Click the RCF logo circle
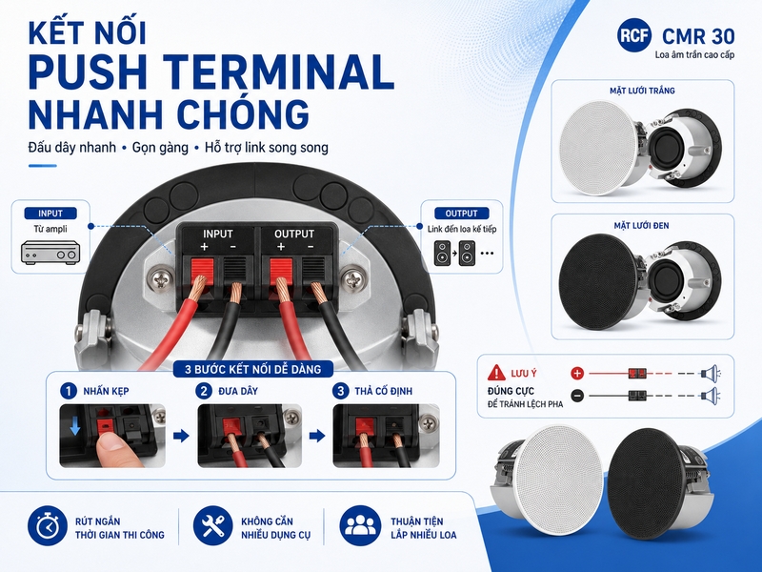(x=634, y=34)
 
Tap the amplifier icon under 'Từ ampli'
(x=50, y=253)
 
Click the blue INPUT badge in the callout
(x=50, y=213)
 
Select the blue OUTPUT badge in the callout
(x=461, y=213)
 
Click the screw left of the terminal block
(x=161, y=279)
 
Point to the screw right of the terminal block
(x=352, y=279)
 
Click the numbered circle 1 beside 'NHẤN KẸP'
(x=69, y=391)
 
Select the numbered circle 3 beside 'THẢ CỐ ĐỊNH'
(x=341, y=391)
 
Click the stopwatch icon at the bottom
(x=47, y=526)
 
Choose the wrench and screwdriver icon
(x=212, y=526)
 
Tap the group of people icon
(x=361, y=526)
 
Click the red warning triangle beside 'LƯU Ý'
(x=496, y=373)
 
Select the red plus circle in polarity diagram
(x=577, y=374)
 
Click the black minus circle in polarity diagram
(x=577, y=396)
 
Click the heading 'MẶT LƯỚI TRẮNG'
(x=642, y=91)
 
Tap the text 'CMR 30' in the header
(x=698, y=36)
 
